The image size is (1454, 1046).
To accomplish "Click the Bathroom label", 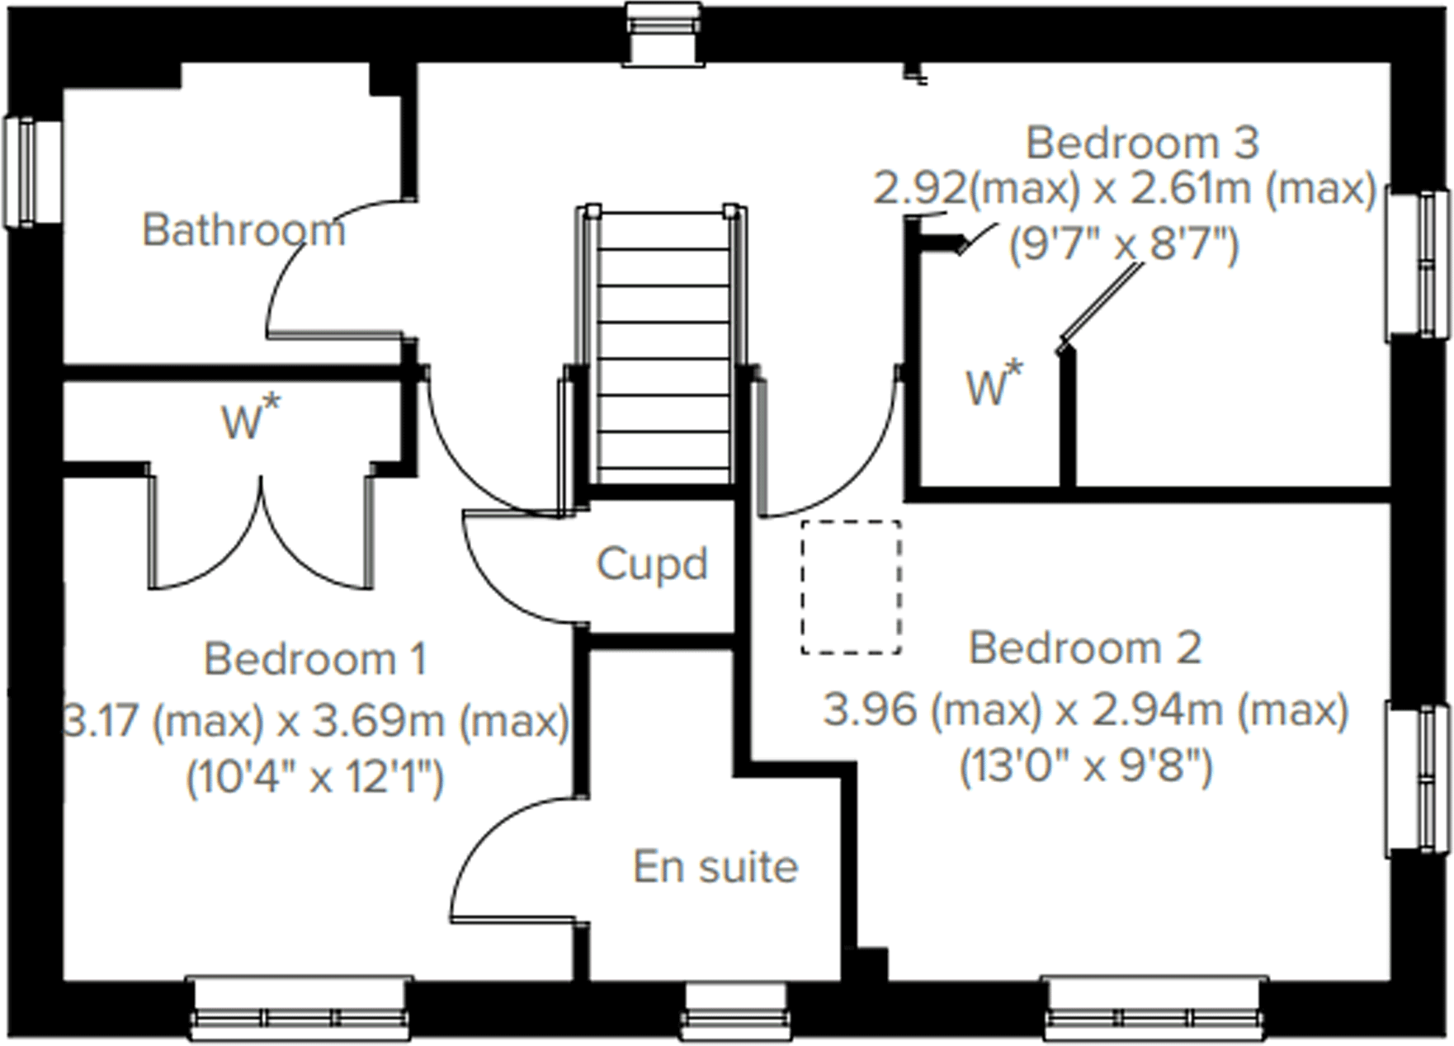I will coord(243,229).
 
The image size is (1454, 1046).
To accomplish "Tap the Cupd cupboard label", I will coord(652,564).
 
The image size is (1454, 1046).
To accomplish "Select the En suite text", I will coord(715,867).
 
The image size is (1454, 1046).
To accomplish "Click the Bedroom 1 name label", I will coord(315,659).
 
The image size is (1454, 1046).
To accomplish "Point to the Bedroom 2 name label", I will coord(1084,648).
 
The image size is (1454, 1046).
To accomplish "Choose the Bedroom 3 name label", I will coord(1142,143).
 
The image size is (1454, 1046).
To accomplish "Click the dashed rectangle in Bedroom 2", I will coord(851,587).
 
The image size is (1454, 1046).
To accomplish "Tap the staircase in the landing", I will coord(664,346).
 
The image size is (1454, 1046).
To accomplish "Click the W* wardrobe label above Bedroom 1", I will coord(251,419).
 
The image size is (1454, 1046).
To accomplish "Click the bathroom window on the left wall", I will coord(31,172).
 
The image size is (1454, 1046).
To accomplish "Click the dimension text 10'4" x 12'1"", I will coord(315,777).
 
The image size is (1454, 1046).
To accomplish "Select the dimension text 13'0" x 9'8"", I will coord(1086,767).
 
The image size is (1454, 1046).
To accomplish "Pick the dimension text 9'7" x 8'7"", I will coord(1124,244).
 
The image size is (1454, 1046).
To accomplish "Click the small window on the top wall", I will coord(663,33).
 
